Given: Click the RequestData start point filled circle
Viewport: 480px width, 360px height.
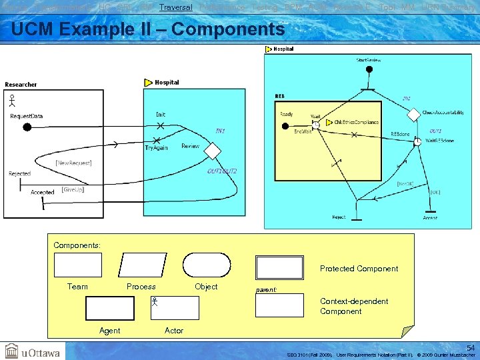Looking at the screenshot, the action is (27, 127).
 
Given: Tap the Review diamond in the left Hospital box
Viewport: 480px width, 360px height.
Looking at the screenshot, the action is (212, 151).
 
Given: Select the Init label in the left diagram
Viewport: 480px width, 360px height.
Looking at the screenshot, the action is (161, 114).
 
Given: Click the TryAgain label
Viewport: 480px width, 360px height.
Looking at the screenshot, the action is (157, 147).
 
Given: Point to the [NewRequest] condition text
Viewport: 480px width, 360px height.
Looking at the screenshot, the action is (73, 163).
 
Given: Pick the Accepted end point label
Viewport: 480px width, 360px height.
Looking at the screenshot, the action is (43, 193).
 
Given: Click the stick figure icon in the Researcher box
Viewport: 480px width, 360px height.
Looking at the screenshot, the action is (11, 101).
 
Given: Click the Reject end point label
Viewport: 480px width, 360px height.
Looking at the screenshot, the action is (339, 217).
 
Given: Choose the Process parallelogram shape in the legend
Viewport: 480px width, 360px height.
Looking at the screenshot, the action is (141, 265).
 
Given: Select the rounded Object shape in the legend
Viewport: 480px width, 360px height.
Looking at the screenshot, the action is (206, 265).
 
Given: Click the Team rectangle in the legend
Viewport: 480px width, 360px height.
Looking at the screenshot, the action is (77, 265).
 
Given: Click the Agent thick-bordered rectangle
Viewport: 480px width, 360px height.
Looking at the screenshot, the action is (109, 308).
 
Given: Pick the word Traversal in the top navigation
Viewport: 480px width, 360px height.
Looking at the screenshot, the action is (176, 7).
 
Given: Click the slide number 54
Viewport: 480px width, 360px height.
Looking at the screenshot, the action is (471, 348).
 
